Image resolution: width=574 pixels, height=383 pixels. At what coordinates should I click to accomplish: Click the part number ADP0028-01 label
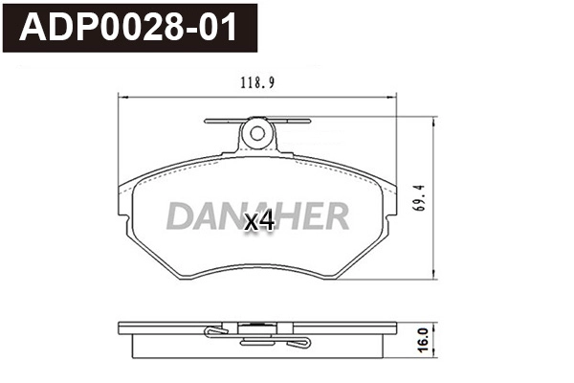pyautogui.click(x=133, y=26)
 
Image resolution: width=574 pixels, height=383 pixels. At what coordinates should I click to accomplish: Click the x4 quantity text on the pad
pyautogui.click(x=259, y=221)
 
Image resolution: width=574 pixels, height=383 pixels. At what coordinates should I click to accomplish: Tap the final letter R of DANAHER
pyautogui.click(x=336, y=217)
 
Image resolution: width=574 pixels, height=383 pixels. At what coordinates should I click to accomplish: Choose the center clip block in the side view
pyautogui.click(x=256, y=336)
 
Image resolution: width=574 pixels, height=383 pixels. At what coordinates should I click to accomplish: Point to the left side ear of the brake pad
pyautogui.click(x=124, y=206)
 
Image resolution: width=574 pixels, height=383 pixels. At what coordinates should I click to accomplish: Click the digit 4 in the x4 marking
pyautogui.click(x=267, y=221)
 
